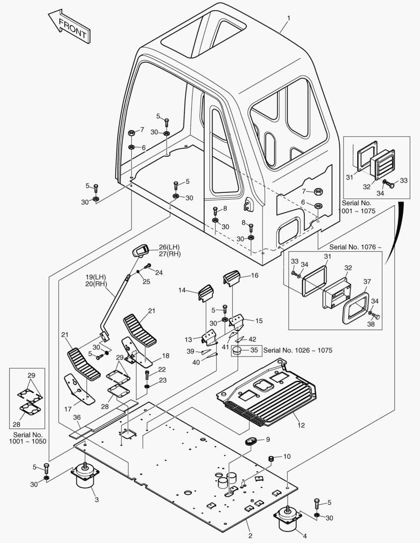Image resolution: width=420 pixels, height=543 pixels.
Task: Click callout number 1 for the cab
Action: [x=289, y=18]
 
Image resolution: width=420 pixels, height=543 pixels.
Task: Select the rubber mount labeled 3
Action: [x=85, y=478]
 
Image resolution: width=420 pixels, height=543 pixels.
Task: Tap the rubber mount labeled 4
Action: [x=288, y=519]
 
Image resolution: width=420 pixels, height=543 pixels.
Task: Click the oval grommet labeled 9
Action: [x=251, y=441]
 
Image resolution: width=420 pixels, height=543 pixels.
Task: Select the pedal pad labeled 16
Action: [x=232, y=278]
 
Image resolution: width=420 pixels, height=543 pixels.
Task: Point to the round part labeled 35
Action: [x=239, y=350]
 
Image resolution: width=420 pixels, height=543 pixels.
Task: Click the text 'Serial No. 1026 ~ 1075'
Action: [x=298, y=350]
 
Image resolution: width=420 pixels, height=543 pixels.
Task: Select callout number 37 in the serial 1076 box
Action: [x=367, y=282]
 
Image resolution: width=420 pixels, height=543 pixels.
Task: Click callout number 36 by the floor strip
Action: [x=77, y=417]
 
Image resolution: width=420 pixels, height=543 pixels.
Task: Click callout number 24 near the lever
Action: [x=159, y=273]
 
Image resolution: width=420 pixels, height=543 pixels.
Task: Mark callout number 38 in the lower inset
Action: [x=371, y=324]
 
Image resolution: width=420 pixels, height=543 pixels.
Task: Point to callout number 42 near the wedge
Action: [x=253, y=339]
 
